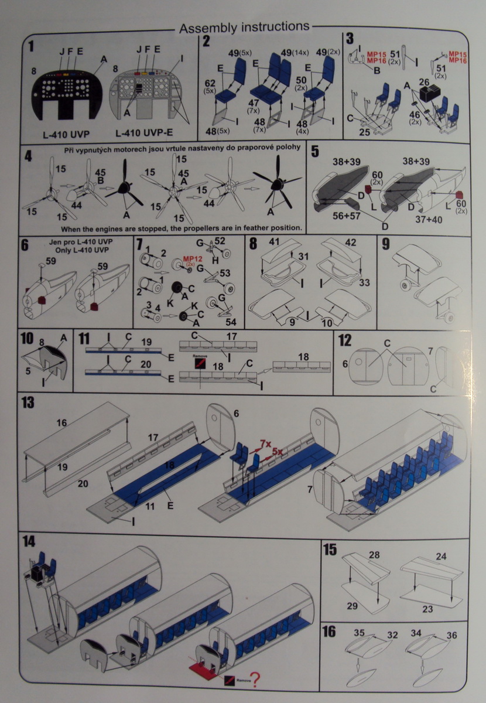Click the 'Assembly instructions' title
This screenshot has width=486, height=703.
pos(244,28)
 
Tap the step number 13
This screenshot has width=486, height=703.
pos(28,403)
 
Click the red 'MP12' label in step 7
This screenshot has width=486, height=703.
pos(191,258)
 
